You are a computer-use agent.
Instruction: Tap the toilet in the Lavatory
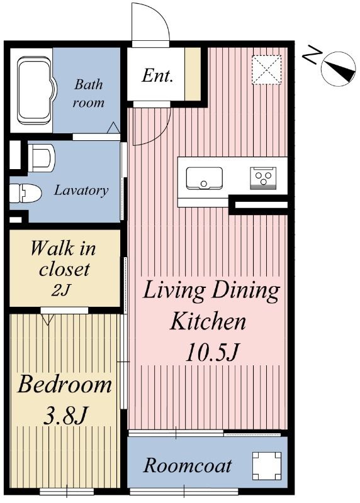pyautogui.click(x=25, y=194)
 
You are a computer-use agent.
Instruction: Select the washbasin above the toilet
pyautogui.click(x=41, y=157)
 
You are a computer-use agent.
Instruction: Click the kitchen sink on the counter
pyautogui.click(x=205, y=178)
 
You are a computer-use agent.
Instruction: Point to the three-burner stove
pyautogui.click(x=263, y=178)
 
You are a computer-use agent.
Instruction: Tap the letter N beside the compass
pyautogui.click(x=312, y=55)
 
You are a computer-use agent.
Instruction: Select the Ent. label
pyautogui.click(x=157, y=75)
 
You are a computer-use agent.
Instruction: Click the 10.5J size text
pyautogui.click(x=212, y=352)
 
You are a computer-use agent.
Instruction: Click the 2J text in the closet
pyautogui.click(x=60, y=290)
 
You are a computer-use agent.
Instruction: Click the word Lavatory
pyautogui.click(x=81, y=191)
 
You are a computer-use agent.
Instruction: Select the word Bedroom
pyautogui.click(x=65, y=384)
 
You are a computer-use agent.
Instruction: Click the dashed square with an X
pyautogui.click(x=266, y=70)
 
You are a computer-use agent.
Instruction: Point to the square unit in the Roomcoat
pyautogui.click(x=266, y=466)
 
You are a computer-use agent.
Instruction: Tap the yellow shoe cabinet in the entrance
pyautogui.click(x=193, y=74)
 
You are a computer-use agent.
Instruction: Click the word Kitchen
pyautogui.click(x=208, y=321)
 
